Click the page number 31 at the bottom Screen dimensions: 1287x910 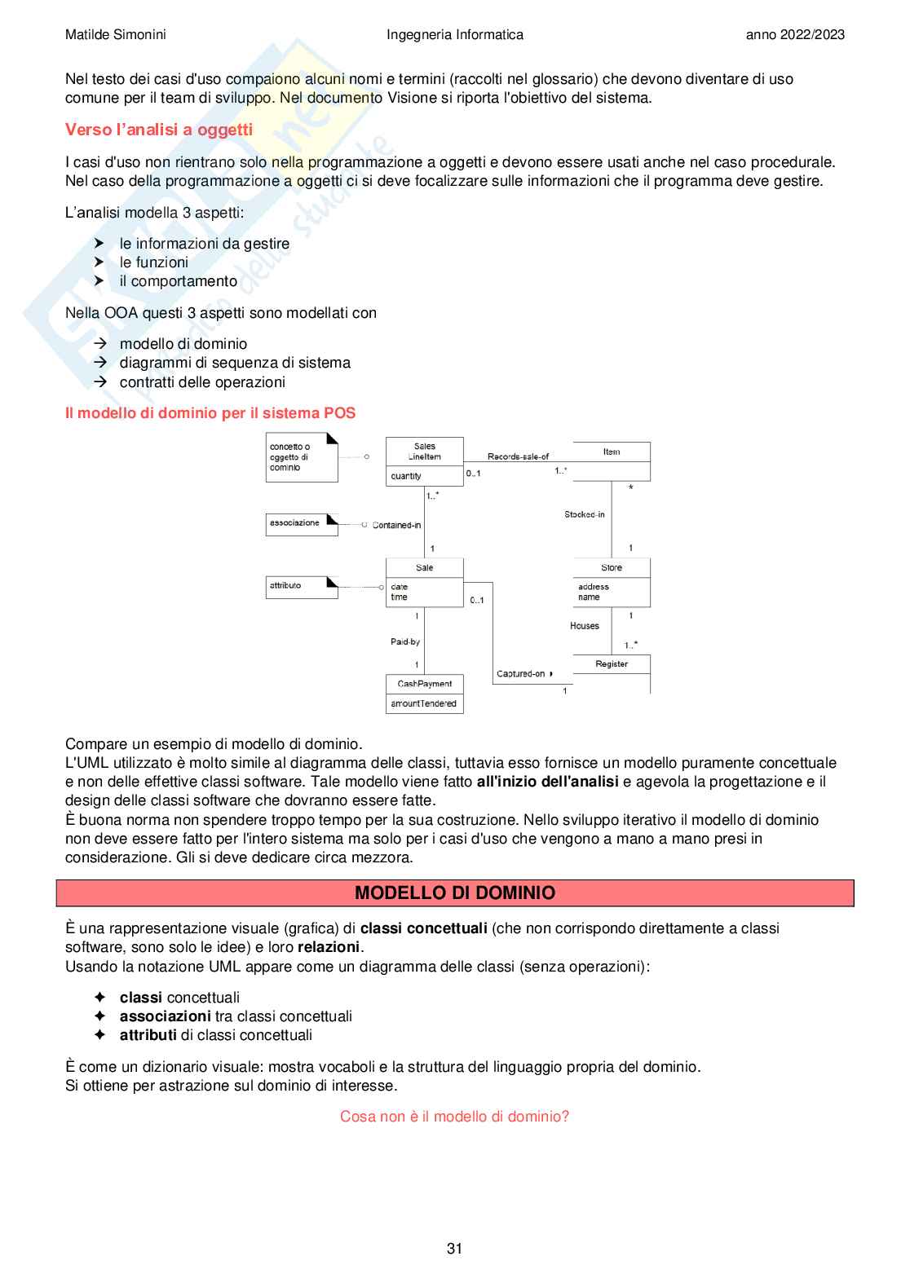tap(454, 1248)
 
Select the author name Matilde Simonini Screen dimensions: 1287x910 tap(116, 34)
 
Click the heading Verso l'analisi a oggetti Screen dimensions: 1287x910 tap(159, 130)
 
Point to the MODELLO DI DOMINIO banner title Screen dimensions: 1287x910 tap(455, 893)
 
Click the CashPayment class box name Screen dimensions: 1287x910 tap(424, 684)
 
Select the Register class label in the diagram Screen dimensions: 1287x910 tap(612, 663)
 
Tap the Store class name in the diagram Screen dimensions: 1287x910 tap(612, 567)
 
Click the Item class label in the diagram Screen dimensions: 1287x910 tap(612, 452)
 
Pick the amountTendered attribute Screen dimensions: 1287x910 tap(424, 703)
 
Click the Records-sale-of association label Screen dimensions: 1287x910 tap(518, 456)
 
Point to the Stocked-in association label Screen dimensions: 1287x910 tap(585, 514)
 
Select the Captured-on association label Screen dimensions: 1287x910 tap(521, 674)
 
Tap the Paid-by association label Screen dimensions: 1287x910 tap(405, 641)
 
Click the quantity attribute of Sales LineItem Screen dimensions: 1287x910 tap(406, 476)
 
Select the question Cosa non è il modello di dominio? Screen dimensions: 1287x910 tap(454, 1116)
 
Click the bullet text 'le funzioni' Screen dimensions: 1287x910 tap(154, 262)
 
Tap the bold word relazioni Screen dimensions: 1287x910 tap(329, 947)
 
